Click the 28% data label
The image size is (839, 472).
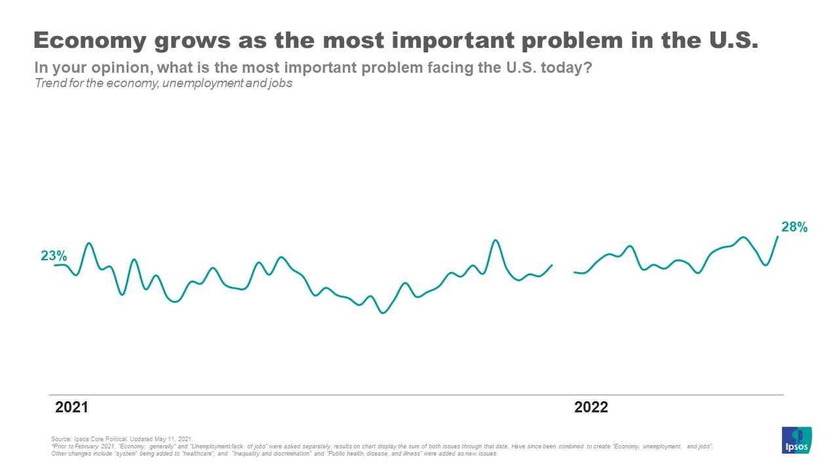pos(794,227)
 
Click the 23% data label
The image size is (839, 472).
pos(54,256)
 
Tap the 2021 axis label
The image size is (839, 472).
pos(71,407)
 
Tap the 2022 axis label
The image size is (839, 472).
pos(591,407)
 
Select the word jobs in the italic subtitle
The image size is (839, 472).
pos(279,83)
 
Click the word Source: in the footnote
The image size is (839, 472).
pos(60,438)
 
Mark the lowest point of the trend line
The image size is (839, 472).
pos(383,313)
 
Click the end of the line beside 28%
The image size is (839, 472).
pos(778,236)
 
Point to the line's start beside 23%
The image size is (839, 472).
pos(55,265)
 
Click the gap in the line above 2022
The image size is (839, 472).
pos(564,269)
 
